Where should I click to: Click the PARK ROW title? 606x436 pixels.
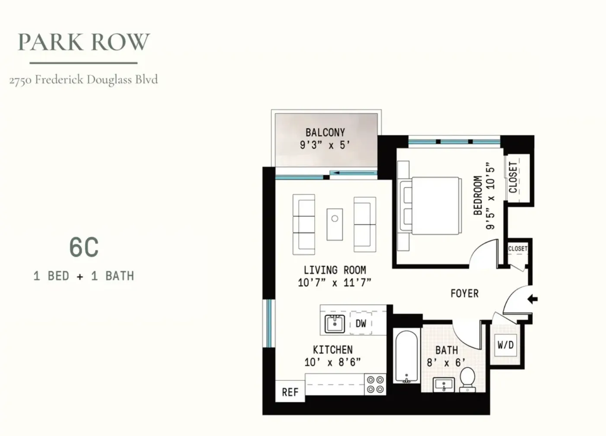click(83, 42)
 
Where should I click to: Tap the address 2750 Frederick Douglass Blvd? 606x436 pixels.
click(83, 80)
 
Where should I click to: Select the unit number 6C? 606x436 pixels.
click(84, 247)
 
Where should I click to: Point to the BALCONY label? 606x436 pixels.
click(325, 132)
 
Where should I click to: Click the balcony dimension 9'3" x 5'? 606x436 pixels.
click(325, 145)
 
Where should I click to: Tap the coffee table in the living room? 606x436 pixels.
click(335, 224)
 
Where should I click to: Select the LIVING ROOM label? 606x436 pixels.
click(335, 270)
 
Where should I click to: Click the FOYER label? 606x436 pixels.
click(465, 294)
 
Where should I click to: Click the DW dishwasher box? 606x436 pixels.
click(361, 323)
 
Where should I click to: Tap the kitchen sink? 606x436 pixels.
click(335, 324)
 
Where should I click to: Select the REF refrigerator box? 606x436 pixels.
click(290, 392)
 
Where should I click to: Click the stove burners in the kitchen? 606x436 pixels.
click(375, 384)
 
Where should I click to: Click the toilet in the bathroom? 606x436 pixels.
click(467, 380)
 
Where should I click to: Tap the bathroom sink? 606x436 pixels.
click(443, 385)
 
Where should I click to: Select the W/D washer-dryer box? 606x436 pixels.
click(505, 345)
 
